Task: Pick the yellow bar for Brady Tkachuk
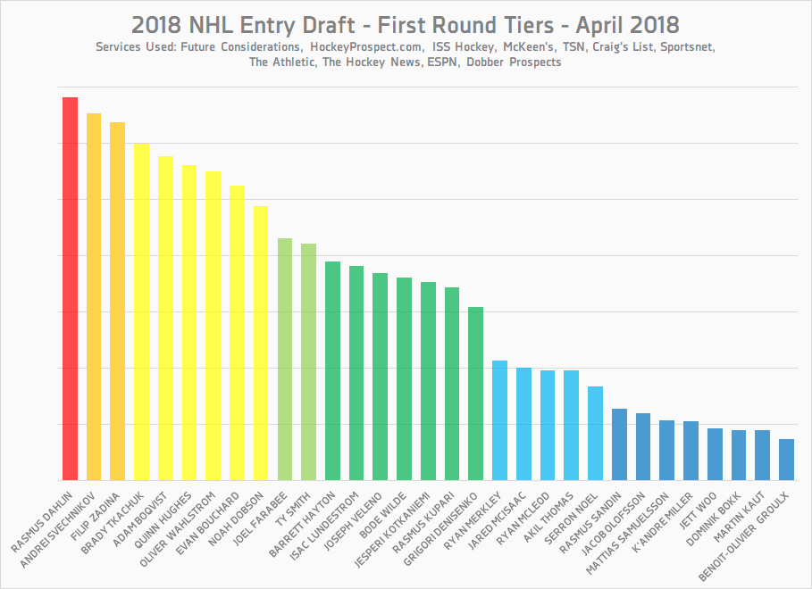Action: click(x=141, y=311)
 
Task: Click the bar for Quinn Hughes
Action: click(x=189, y=322)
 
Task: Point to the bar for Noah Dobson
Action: click(x=261, y=343)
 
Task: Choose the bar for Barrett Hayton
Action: click(x=332, y=370)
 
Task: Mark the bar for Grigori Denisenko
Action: click(x=476, y=393)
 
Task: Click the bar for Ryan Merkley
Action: click(x=500, y=420)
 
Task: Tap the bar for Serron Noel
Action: click(x=596, y=433)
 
